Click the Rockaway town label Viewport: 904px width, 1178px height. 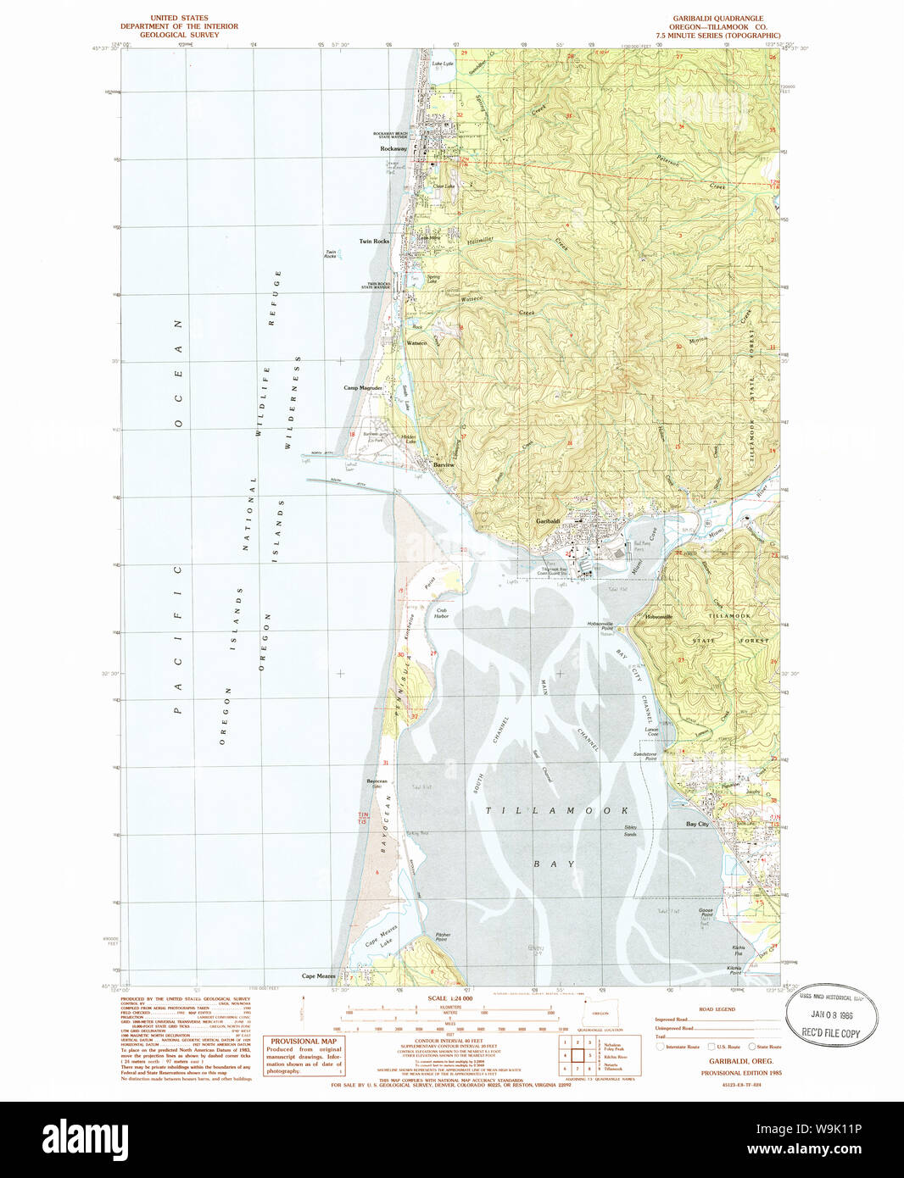[x=393, y=148]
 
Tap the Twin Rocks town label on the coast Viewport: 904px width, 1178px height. [x=374, y=242]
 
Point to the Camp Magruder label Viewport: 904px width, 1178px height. [x=363, y=388]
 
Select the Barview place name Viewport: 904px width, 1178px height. [x=444, y=465]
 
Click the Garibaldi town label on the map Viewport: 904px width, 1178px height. [x=547, y=521]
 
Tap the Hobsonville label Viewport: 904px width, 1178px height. [x=658, y=617]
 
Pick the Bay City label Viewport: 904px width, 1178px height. [x=697, y=824]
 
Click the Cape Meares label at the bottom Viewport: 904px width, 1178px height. [x=319, y=976]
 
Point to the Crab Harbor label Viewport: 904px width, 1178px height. [x=441, y=613]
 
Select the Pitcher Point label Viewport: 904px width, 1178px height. [x=443, y=937]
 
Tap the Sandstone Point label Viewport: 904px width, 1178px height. [x=645, y=756]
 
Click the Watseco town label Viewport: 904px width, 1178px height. [x=416, y=343]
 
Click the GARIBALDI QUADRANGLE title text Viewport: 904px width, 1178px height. [x=717, y=18]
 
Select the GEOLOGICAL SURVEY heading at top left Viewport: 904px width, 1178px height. [x=179, y=35]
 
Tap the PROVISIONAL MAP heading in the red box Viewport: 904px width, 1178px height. [x=304, y=1042]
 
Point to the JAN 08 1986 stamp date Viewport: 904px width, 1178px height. [x=831, y=1014]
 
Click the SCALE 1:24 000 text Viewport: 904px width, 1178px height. [x=449, y=998]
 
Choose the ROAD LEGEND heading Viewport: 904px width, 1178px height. [x=717, y=1009]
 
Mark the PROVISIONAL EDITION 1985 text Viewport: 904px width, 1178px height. [x=740, y=1073]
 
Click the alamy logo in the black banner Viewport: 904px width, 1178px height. [x=85, y=1137]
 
